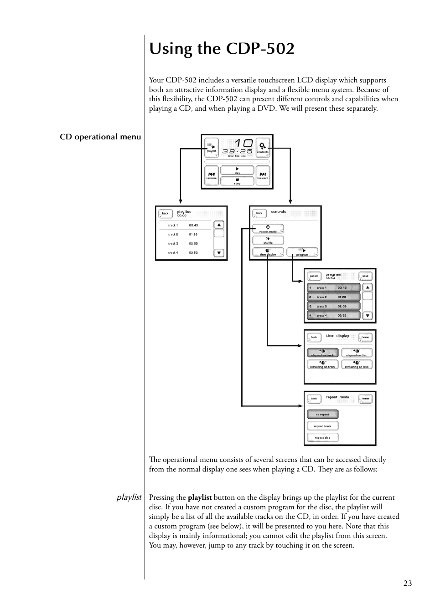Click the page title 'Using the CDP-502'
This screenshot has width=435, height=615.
(x=222, y=48)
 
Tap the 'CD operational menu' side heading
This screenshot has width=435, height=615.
(x=100, y=137)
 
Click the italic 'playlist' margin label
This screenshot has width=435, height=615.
(x=129, y=497)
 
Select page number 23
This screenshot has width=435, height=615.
(x=407, y=583)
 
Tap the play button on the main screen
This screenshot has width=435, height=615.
(x=237, y=170)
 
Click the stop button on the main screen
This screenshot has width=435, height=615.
(x=237, y=181)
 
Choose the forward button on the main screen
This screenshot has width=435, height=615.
(x=263, y=175)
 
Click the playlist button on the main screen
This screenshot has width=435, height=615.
(x=212, y=148)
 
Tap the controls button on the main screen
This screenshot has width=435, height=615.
(x=263, y=148)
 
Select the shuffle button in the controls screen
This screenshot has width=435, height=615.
(x=268, y=241)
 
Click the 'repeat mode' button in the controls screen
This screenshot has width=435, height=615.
(x=268, y=229)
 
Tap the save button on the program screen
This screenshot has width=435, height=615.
(x=365, y=276)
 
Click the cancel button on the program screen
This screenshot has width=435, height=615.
(x=314, y=276)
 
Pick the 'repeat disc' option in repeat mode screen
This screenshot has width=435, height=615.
(x=322, y=437)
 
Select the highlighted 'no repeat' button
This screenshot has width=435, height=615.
(x=322, y=414)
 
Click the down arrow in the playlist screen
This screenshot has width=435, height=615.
(x=219, y=253)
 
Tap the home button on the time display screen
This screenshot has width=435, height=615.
(x=365, y=337)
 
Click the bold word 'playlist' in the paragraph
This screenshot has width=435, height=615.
(x=200, y=497)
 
